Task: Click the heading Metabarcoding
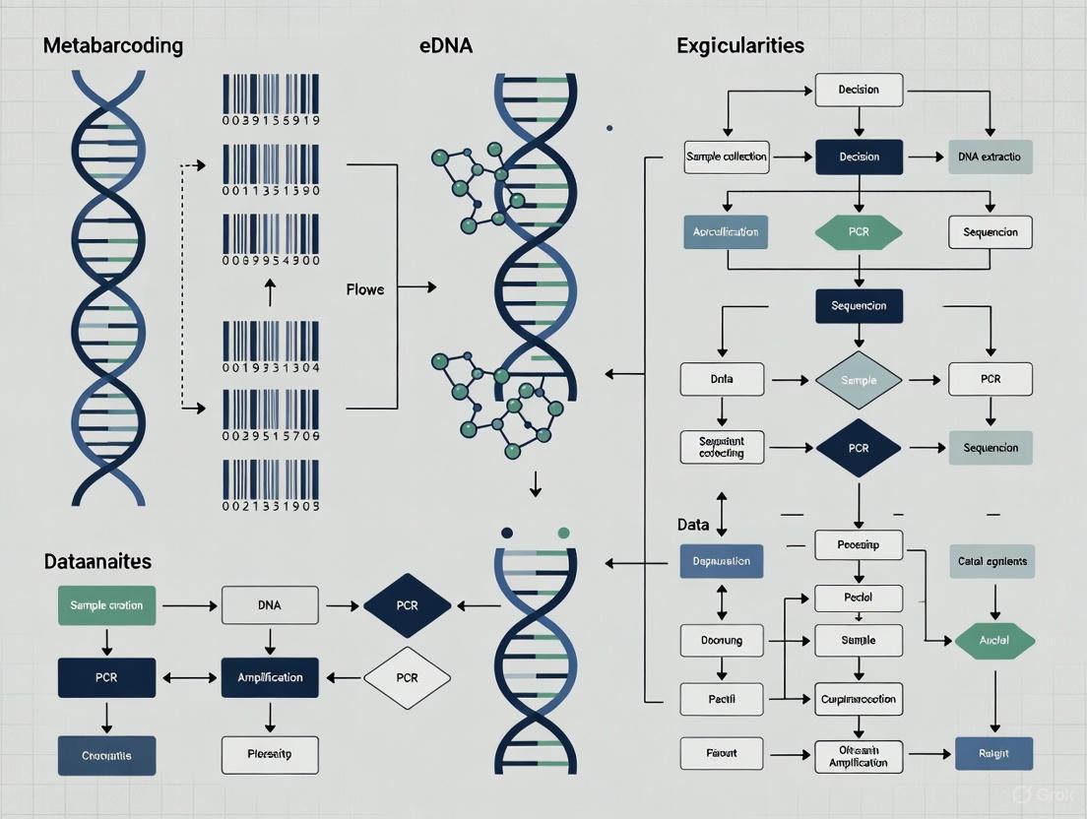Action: click(113, 45)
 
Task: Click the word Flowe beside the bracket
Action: click(365, 289)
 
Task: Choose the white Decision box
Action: click(859, 90)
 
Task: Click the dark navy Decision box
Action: click(859, 157)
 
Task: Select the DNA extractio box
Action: click(990, 157)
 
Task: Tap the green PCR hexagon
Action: click(859, 232)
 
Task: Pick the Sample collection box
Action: click(727, 157)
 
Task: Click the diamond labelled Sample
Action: click(859, 380)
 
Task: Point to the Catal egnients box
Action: click(991, 561)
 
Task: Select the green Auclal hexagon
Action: click(994, 641)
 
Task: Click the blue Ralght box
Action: click(994, 754)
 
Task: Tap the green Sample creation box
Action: click(106, 604)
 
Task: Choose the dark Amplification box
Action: click(270, 677)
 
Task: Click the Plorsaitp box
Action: click(270, 755)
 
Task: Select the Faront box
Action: click(722, 754)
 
